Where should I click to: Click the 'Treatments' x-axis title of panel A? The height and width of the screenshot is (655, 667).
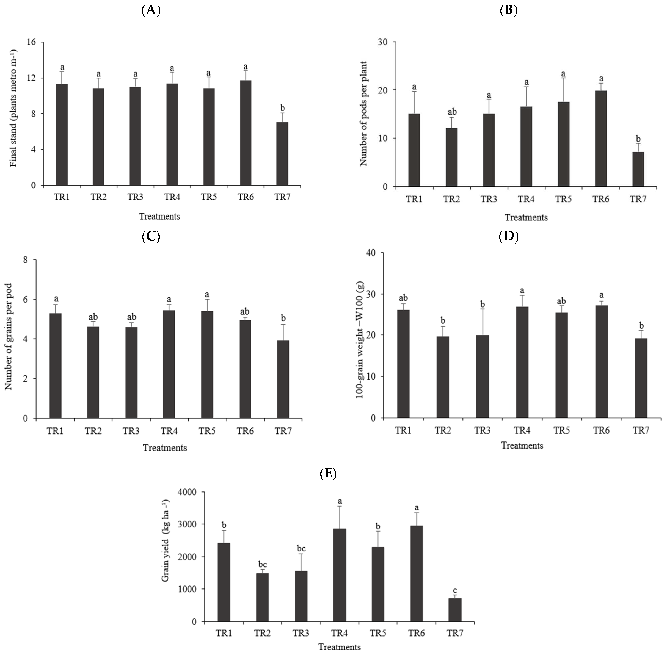[x=159, y=216]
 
